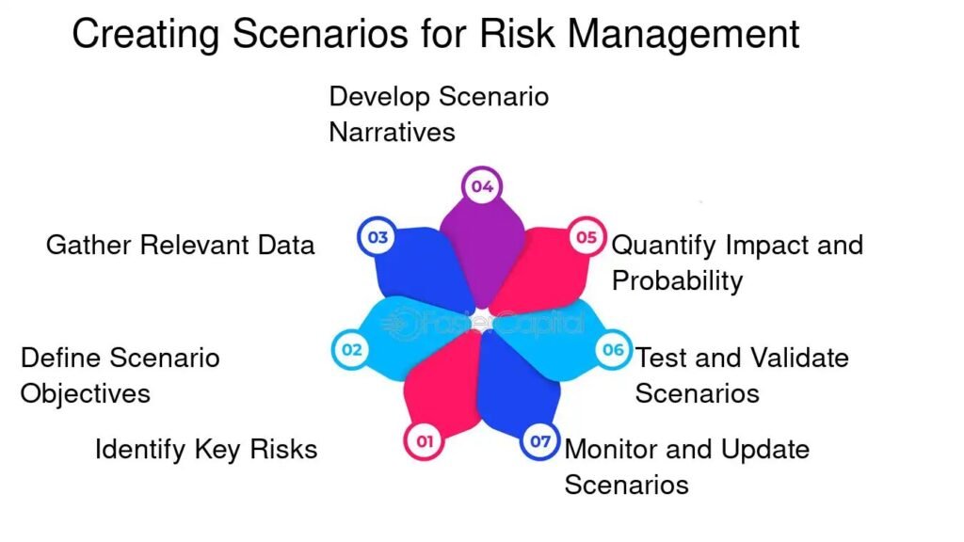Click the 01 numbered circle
tap(425, 441)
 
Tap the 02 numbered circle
tap(351, 350)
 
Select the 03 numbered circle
tap(378, 237)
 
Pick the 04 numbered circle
tap(482, 186)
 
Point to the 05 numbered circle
tap(586, 237)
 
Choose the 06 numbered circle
tap(613, 350)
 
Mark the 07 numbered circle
tap(539, 441)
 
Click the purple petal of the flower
tap(482, 252)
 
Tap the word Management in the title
tap(683, 36)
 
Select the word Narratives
tap(393, 132)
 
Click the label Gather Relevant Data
tap(180, 245)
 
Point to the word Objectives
tap(86, 394)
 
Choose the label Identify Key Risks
tap(206, 449)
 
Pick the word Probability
tap(678, 281)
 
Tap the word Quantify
tap(664, 246)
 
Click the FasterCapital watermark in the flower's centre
tap(482, 324)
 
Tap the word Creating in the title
tap(146, 36)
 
